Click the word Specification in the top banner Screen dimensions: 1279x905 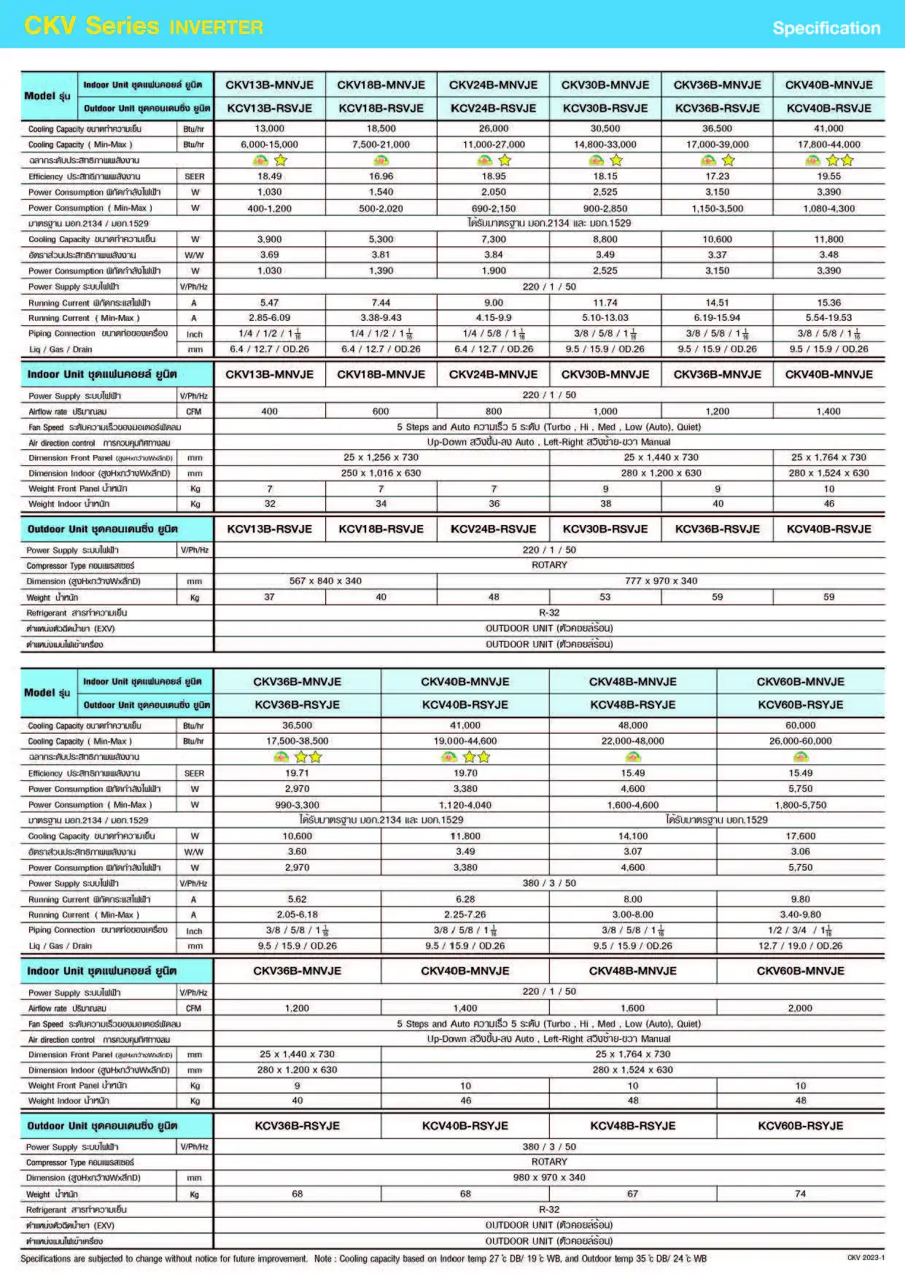[826, 28]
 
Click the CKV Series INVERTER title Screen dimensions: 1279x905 [144, 26]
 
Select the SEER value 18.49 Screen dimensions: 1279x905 [269, 176]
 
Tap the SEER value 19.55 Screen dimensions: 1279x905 [828, 176]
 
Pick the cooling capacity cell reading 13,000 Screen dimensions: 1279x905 [269, 128]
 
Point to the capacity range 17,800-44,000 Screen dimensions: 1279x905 [828, 144]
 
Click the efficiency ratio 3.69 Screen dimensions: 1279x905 [269, 255]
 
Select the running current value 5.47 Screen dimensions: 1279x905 [269, 303]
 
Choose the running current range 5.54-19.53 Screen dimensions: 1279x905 [828, 318]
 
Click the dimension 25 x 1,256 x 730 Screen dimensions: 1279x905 [381, 457]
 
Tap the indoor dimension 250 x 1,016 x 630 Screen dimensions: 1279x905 [381, 473]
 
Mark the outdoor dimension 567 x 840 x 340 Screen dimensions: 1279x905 [325, 581]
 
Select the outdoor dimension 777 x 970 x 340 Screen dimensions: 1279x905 [661, 581]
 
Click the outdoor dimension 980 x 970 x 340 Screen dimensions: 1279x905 [549, 1178]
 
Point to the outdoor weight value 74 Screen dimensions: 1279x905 [800, 1194]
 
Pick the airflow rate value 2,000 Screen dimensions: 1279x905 [800, 1008]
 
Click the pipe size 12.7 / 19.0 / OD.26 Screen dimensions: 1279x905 [800, 946]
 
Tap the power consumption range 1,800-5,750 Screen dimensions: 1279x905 [800, 805]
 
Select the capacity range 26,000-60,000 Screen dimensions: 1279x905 [800, 741]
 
